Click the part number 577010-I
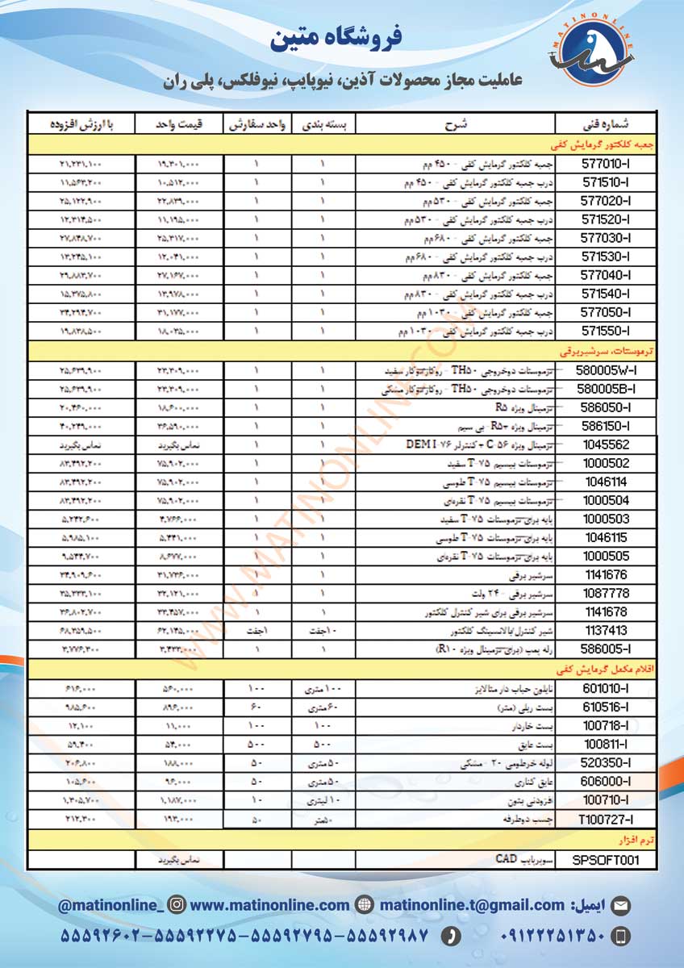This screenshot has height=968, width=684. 606,163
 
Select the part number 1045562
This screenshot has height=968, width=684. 606,444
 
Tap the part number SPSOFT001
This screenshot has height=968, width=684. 606,860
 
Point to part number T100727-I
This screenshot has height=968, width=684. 606,819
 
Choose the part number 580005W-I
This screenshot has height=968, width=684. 606,370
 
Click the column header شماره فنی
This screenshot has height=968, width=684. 606,125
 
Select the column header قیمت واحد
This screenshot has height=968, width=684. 179,125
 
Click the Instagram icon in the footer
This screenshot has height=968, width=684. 178,905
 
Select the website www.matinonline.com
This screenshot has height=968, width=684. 270,905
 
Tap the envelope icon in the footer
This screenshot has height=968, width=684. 621,906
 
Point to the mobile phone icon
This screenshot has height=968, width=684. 621,936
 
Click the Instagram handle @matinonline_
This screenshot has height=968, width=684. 110,905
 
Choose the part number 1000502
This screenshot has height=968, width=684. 606,463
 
